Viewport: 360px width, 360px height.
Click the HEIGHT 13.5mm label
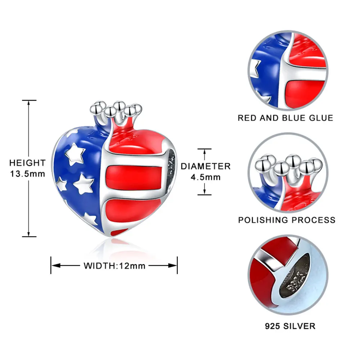(x=27, y=168)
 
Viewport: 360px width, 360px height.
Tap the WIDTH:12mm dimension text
(x=114, y=266)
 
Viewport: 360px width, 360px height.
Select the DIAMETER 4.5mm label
(x=206, y=171)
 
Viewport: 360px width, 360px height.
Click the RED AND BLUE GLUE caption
(x=285, y=118)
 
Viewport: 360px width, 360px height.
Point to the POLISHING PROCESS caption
(x=287, y=220)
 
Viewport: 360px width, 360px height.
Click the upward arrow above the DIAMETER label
(x=204, y=153)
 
